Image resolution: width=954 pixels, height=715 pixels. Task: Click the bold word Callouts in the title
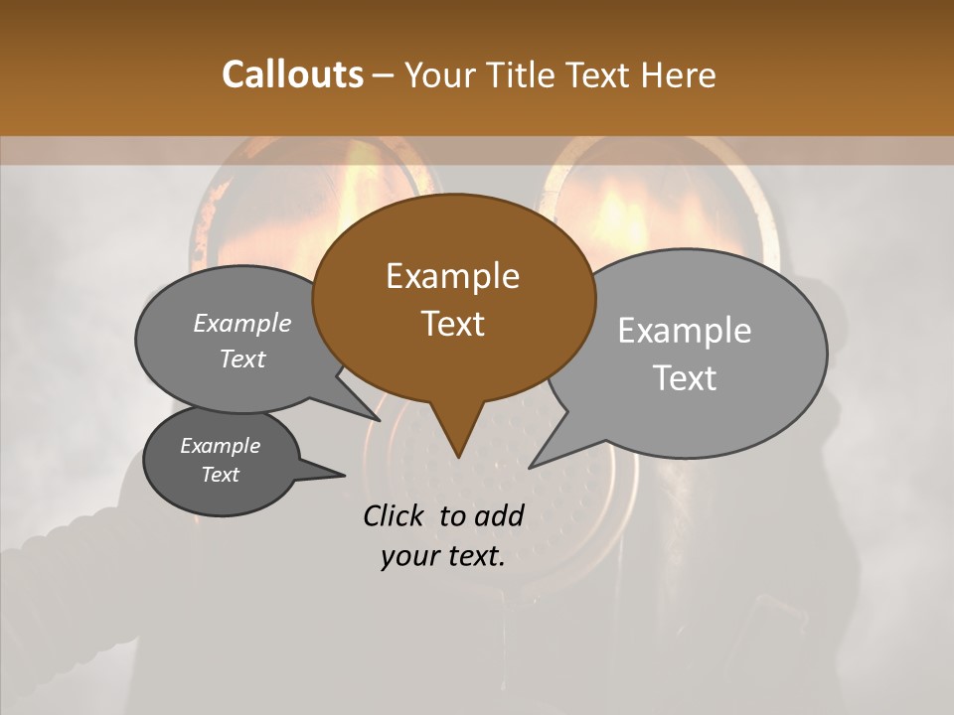[292, 74]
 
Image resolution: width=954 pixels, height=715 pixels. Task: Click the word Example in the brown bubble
[452, 276]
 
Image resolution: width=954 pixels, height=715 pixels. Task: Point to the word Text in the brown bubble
[452, 324]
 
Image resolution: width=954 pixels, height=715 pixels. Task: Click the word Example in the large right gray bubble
[685, 331]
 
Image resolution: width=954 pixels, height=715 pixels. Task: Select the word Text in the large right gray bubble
[685, 378]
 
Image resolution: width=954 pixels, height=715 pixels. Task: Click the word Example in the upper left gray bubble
[242, 324]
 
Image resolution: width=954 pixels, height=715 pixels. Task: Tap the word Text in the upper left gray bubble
[242, 358]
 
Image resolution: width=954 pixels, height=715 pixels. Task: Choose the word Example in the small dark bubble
[220, 446]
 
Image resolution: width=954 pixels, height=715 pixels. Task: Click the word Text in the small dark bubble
[220, 475]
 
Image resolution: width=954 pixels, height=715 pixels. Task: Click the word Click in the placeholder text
[396, 515]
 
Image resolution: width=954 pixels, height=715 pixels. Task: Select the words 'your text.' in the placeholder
[442, 556]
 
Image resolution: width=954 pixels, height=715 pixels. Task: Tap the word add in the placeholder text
[501, 515]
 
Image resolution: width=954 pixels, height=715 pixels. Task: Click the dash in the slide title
[384, 75]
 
